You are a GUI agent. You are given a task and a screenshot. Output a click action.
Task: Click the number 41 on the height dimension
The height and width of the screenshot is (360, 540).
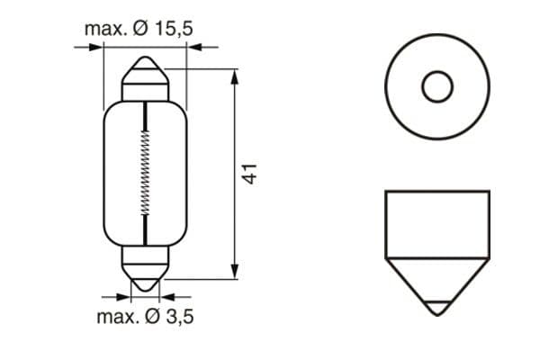(x=253, y=175)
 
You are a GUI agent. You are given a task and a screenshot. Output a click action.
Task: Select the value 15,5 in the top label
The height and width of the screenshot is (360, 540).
(x=174, y=29)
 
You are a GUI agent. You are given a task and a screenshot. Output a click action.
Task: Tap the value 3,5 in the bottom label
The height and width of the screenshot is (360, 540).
(x=176, y=317)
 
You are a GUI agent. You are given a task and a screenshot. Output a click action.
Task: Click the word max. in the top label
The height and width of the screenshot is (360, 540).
(x=105, y=29)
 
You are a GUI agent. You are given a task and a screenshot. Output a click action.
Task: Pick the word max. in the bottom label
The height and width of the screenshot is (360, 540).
(x=117, y=317)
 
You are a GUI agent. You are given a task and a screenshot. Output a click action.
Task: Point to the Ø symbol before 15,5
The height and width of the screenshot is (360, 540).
(x=141, y=29)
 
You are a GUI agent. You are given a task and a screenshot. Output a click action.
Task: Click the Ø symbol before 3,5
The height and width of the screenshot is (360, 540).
(x=152, y=317)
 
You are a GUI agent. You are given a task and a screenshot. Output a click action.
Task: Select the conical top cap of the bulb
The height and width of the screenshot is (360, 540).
(x=145, y=71)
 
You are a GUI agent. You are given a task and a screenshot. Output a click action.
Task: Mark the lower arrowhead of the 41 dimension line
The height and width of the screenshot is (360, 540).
(x=235, y=272)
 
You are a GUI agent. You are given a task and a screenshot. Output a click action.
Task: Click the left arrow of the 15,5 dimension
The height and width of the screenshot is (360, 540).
(x=98, y=48)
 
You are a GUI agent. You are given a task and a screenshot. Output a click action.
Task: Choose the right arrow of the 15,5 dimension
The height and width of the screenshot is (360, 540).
(x=192, y=48)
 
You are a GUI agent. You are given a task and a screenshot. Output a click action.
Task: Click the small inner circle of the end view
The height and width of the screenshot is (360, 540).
(x=436, y=87)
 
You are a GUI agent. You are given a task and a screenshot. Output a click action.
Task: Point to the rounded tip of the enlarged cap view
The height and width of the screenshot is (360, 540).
(x=436, y=308)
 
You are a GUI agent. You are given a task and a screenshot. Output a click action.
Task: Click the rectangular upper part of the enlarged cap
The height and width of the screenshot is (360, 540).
(x=436, y=220)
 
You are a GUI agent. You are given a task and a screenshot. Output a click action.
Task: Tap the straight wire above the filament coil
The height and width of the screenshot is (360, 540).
(x=145, y=115)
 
